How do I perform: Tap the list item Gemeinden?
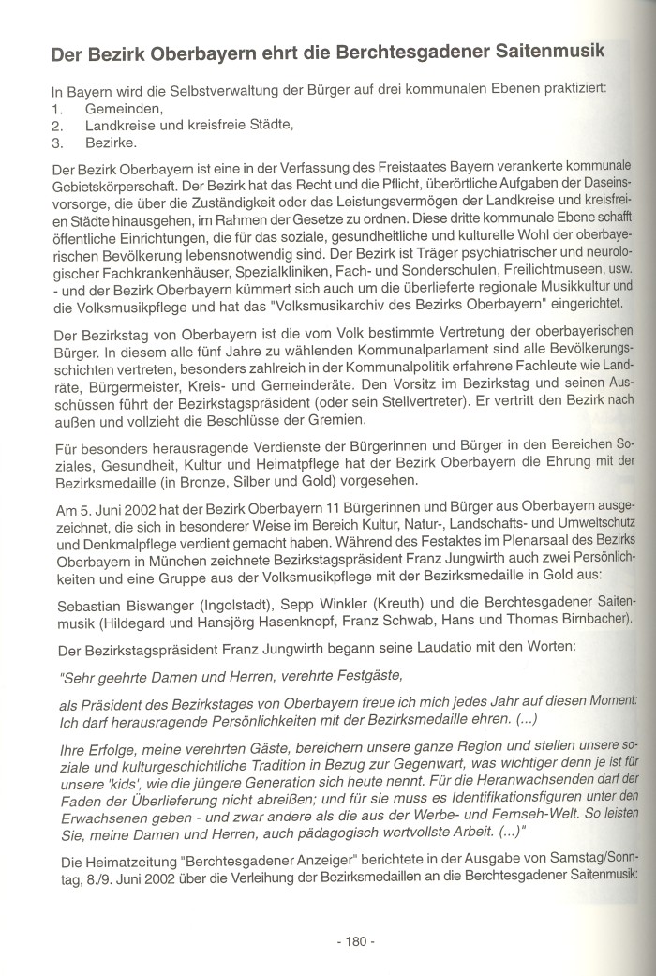(x=122, y=109)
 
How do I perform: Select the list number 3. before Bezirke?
(x=57, y=143)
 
